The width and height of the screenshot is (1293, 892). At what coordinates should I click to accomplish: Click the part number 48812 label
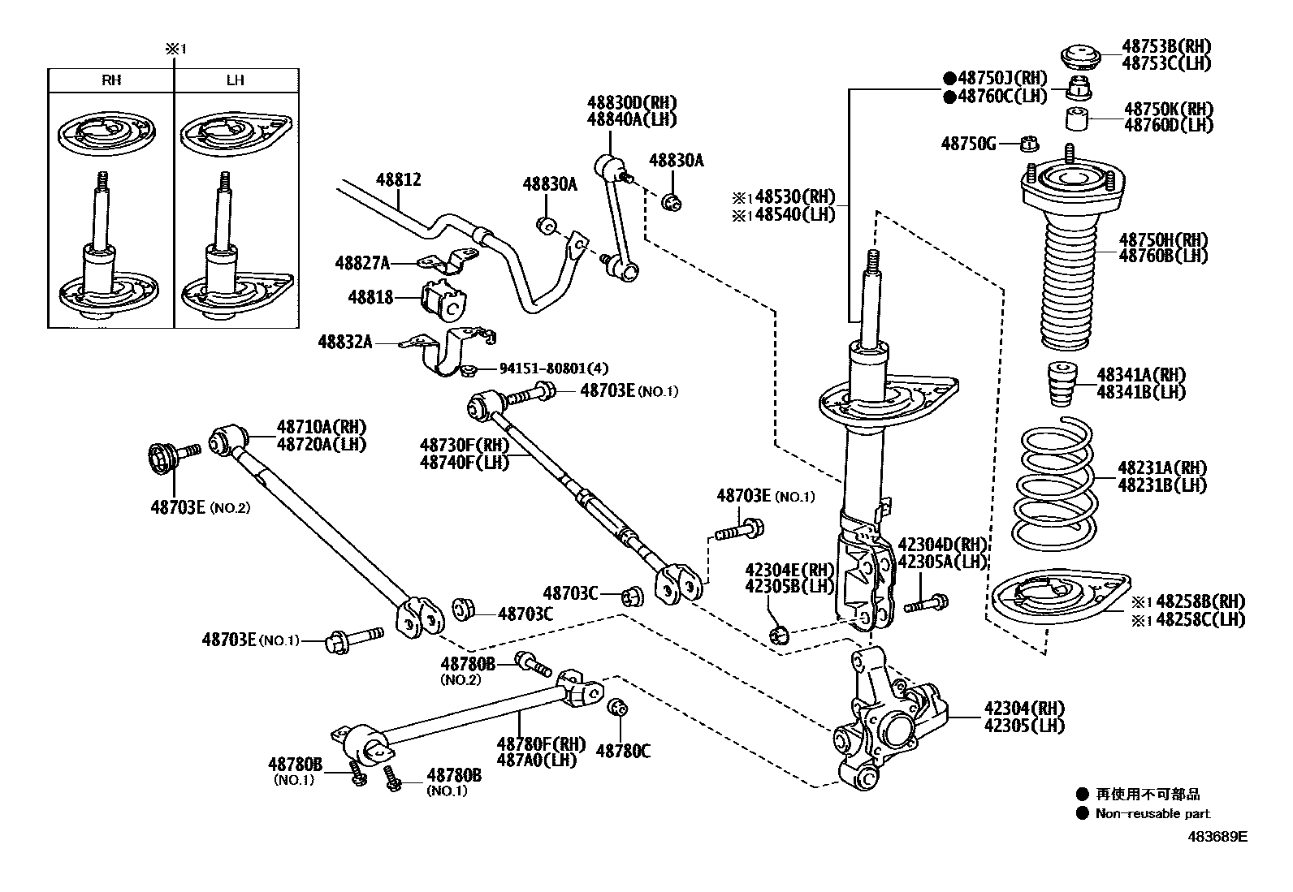398,179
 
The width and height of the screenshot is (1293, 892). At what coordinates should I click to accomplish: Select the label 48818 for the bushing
371,297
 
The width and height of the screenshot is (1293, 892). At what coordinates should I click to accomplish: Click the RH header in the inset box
111,80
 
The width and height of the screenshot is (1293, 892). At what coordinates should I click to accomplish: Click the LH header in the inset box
235,80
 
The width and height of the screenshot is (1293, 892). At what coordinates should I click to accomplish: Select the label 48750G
968,144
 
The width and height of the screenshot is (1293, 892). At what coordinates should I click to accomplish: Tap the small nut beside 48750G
1029,144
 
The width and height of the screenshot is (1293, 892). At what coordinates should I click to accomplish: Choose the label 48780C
623,752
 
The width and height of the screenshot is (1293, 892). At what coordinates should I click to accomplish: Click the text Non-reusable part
1152,813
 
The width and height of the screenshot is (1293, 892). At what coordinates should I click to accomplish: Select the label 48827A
362,263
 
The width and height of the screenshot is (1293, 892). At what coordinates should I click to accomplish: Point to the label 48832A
345,343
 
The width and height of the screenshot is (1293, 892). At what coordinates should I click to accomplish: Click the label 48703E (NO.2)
200,507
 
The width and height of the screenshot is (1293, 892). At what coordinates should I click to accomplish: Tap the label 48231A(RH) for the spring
1161,468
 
